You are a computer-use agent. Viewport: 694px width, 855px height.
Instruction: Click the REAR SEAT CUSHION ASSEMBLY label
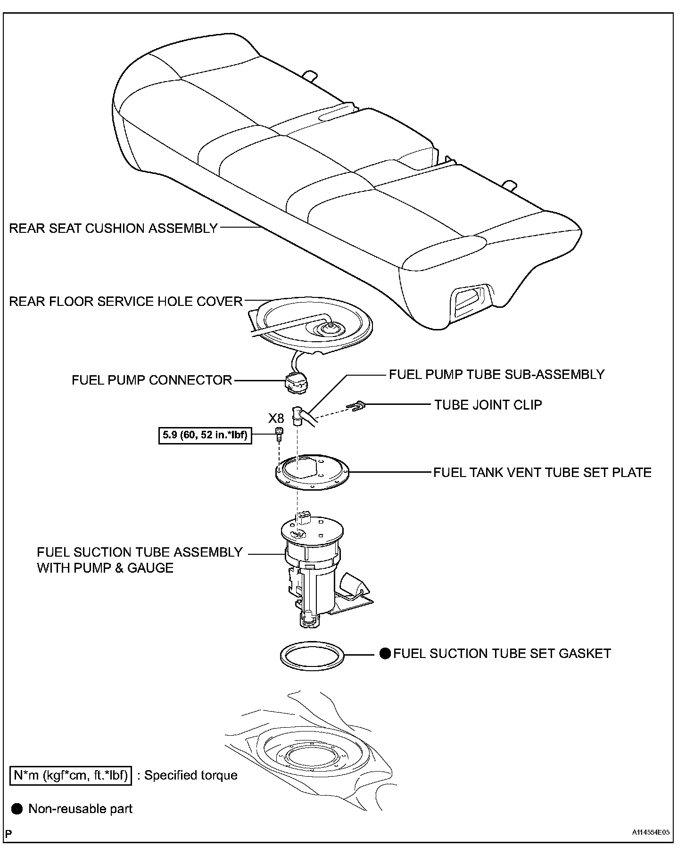[113, 229]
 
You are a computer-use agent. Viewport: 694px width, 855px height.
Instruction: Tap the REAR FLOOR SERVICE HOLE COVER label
[126, 302]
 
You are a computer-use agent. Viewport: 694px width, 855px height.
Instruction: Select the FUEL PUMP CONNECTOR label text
[152, 380]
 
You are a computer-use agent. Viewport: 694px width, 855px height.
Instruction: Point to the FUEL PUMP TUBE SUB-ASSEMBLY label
[496, 375]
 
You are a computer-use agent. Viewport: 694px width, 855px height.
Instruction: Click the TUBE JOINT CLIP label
[488, 405]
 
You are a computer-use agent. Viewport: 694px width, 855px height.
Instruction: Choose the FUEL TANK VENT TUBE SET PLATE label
[542, 473]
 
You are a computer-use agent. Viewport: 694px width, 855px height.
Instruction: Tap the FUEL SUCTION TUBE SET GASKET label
[502, 654]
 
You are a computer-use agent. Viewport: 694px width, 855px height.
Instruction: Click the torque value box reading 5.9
[205, 435]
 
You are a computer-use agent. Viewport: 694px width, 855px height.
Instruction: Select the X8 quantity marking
[276, 418]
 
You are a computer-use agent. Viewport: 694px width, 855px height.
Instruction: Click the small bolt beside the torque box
[279, 434]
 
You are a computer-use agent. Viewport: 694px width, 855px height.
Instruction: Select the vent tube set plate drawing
[312, 474]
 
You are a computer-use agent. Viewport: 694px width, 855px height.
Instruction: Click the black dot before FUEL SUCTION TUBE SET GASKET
[385, 654]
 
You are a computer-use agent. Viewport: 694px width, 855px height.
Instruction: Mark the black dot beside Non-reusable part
[17, 809]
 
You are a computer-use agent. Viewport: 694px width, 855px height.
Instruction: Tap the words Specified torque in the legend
[190, 775]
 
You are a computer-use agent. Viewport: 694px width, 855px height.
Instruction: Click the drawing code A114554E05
[651, 832]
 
